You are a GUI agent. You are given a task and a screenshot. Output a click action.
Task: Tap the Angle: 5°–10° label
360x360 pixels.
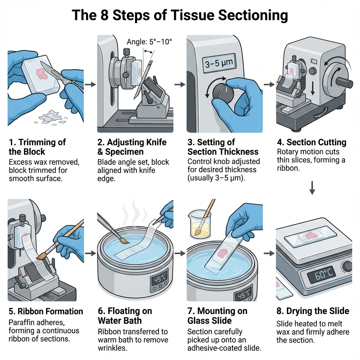tap(149, 42)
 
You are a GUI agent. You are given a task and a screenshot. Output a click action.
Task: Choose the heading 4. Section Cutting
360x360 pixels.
tap(311, 142)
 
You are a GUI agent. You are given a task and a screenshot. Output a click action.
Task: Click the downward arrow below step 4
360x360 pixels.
tap(312, 189)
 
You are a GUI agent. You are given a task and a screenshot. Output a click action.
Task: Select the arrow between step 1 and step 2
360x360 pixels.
tap(90, 84)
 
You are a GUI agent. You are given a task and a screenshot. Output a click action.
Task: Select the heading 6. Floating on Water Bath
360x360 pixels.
tap(125, 316)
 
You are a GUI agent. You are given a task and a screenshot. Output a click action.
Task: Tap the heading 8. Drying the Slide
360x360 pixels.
tap(313, 311)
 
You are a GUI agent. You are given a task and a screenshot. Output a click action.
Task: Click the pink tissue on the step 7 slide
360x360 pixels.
tap(223, 252)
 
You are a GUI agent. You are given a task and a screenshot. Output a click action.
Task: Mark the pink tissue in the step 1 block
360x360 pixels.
tap(41, 73)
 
